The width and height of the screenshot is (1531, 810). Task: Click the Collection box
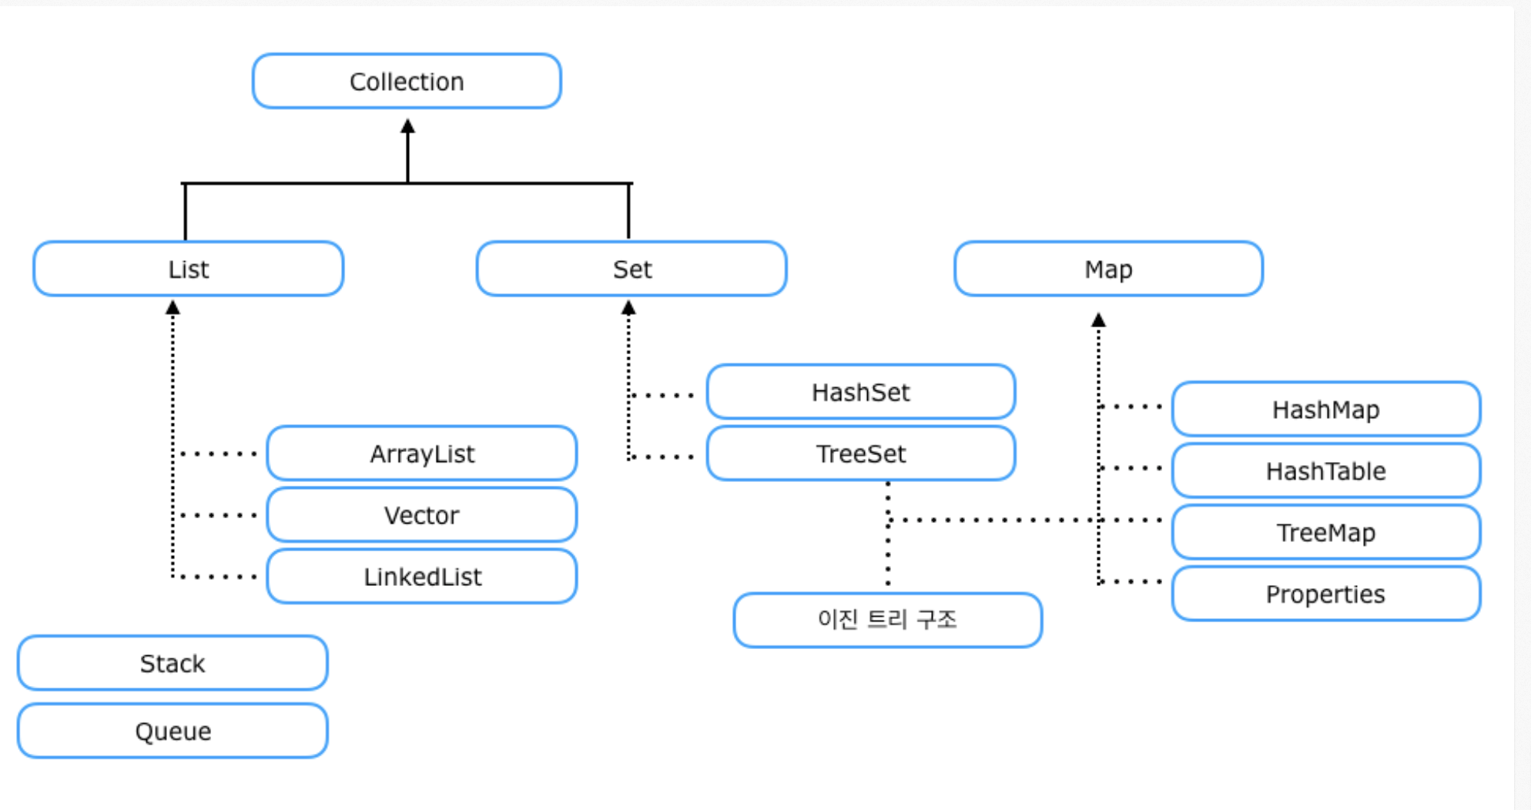[407, 81]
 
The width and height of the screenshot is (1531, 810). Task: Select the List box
[188, 269]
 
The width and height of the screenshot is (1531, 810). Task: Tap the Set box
[631, 269]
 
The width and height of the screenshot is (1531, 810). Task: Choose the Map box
[1108, 269]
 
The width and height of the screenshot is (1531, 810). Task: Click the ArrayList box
[422, 454]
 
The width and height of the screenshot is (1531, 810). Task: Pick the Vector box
[422, 515]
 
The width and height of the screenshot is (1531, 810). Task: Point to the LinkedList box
[422, 577]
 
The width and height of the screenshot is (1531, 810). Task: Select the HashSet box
[861, 392]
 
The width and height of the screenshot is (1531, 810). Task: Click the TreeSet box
[861, 454]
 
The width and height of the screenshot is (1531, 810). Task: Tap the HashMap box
[1325, 409]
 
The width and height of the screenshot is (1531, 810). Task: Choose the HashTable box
[1325, 470]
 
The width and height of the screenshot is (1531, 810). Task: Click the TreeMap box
[1325, 532]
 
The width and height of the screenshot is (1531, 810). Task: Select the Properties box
[1325, 594]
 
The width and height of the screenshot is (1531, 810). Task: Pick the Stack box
[173, 663]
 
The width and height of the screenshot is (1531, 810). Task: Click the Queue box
[173, 731]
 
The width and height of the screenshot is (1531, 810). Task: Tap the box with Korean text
[887, 620]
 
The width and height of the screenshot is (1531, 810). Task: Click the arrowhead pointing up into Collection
[407, 126]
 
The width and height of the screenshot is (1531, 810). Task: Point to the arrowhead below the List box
[173, 307]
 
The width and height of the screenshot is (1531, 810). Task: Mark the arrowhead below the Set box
[628, 307]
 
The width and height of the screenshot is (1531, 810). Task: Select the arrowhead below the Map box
[1099, 320]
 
